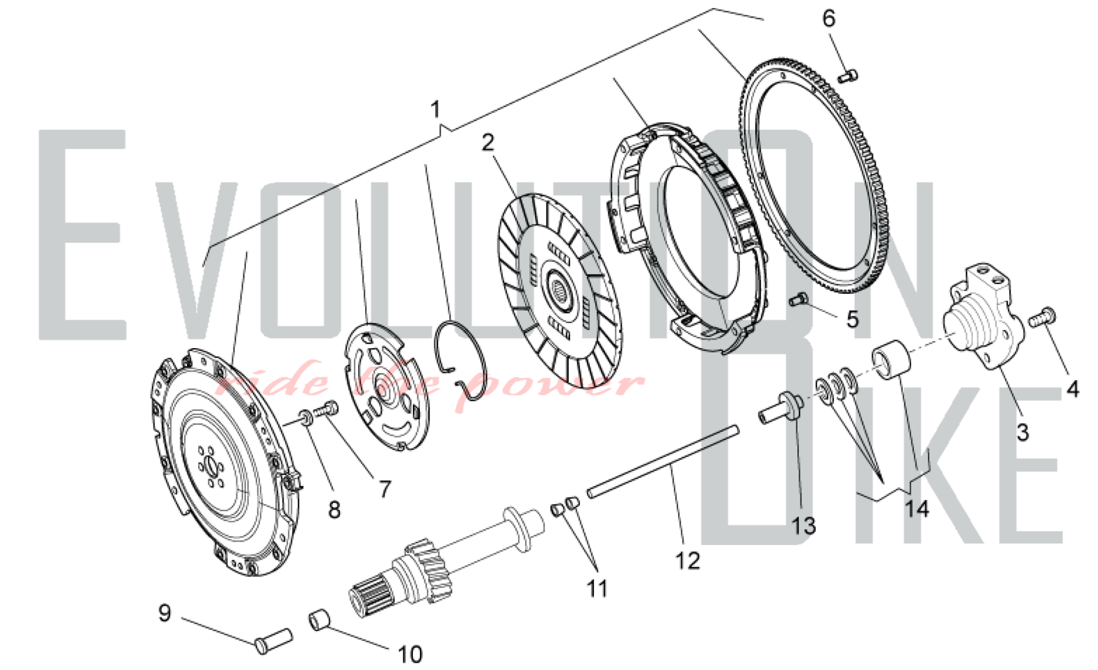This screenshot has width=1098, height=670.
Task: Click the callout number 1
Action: pos(435,110)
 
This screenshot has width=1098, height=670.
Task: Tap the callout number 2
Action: pos(488,143)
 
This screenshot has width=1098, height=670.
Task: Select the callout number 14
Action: pos(916,509)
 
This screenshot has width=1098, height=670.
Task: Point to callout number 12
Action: pos(687,561)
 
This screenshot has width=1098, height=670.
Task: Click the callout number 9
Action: pos(165,612)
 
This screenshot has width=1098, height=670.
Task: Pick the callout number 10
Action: pos(410,654)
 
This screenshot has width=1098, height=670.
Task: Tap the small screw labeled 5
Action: pos(799,300)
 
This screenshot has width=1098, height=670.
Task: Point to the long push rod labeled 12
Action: pos(663,461)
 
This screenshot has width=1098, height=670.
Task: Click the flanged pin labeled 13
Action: pos(782,410)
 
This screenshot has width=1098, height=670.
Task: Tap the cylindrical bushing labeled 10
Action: pos(321,621)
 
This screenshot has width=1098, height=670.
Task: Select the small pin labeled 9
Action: pos(274,641)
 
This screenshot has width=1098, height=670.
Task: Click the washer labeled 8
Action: pos(306,418)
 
